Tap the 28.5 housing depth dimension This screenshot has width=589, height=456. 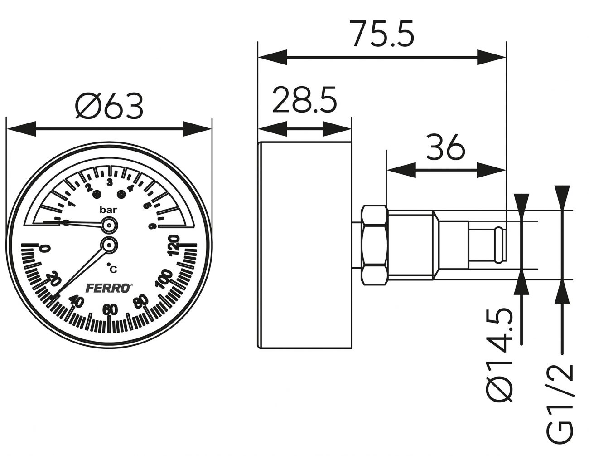pos(304,99)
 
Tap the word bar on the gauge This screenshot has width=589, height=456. pos(108,210)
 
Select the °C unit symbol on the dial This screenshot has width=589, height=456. pos(111,269)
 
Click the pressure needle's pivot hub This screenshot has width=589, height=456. pos(109,225)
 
